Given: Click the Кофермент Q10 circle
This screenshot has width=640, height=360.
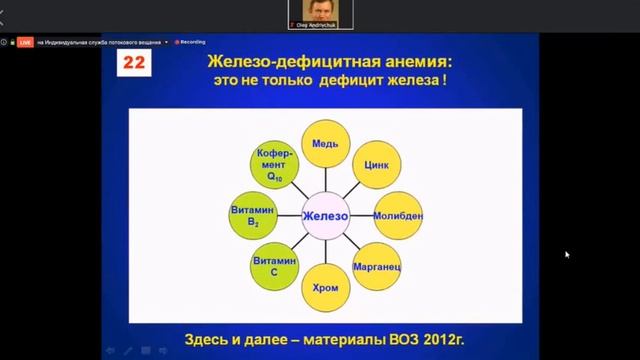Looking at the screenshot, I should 271,165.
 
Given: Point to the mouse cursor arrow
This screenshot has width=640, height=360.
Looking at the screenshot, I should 567,254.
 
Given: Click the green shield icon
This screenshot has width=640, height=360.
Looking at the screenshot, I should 6,43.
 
